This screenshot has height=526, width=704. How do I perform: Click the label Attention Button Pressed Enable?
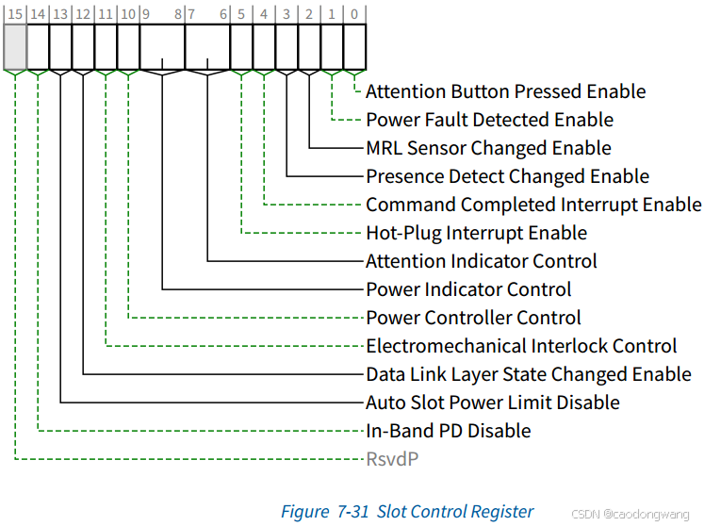click(x=505, y=91)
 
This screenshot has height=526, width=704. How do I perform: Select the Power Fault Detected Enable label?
click(x=489, y=120)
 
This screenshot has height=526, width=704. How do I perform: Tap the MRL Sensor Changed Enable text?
click(x=488, y=148)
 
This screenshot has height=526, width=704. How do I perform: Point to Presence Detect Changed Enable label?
click(x=507, y=176)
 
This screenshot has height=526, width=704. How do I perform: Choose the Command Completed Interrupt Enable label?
click(x=533, y=205)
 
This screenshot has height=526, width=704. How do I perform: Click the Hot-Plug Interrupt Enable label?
click(x=476, y=233)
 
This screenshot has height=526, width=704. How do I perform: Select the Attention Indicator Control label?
click(x=481, y=261)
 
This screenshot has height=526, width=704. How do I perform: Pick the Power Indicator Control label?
click(x=468, y=289)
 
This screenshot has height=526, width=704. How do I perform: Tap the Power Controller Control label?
click(x=473, y=318)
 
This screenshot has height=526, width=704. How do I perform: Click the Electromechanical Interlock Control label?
click(x=521, y=346)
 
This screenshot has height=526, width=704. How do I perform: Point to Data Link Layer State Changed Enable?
click(x=528, y=374)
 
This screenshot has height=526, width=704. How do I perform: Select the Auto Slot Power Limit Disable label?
click(x=492, y=403)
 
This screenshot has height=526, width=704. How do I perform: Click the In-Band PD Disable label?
click(x=449, y=431)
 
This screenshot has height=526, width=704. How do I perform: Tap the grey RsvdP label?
click(x=392, y=459)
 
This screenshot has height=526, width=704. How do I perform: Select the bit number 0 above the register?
click(x=353, y=14)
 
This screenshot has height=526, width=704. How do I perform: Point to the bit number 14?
click(x=37, y=14)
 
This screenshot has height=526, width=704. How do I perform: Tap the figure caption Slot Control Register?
click(x=407, y=512)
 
